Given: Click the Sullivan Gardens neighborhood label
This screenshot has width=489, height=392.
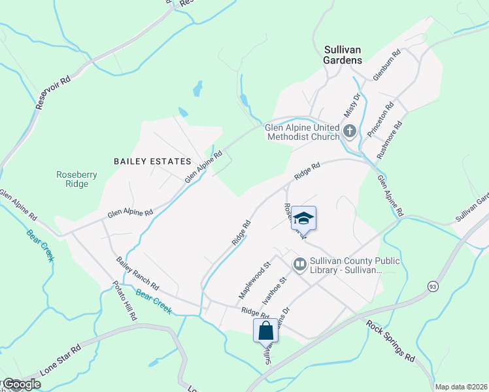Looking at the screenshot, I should click(343, 54).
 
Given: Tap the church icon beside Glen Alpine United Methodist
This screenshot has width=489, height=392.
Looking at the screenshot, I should click(350, 131).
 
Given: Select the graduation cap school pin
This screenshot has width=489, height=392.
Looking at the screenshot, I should click(303, 218).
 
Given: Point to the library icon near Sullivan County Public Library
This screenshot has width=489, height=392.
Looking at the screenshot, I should click(300, 265).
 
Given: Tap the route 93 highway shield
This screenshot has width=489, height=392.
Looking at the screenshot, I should click(433, 286).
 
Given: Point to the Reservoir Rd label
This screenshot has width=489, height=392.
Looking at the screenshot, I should click(53, 91).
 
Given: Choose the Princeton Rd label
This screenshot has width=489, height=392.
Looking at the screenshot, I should click(380, 119).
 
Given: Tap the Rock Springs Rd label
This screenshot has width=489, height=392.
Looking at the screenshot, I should click(390, 340).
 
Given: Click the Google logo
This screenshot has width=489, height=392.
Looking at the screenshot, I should click(21, 384).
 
